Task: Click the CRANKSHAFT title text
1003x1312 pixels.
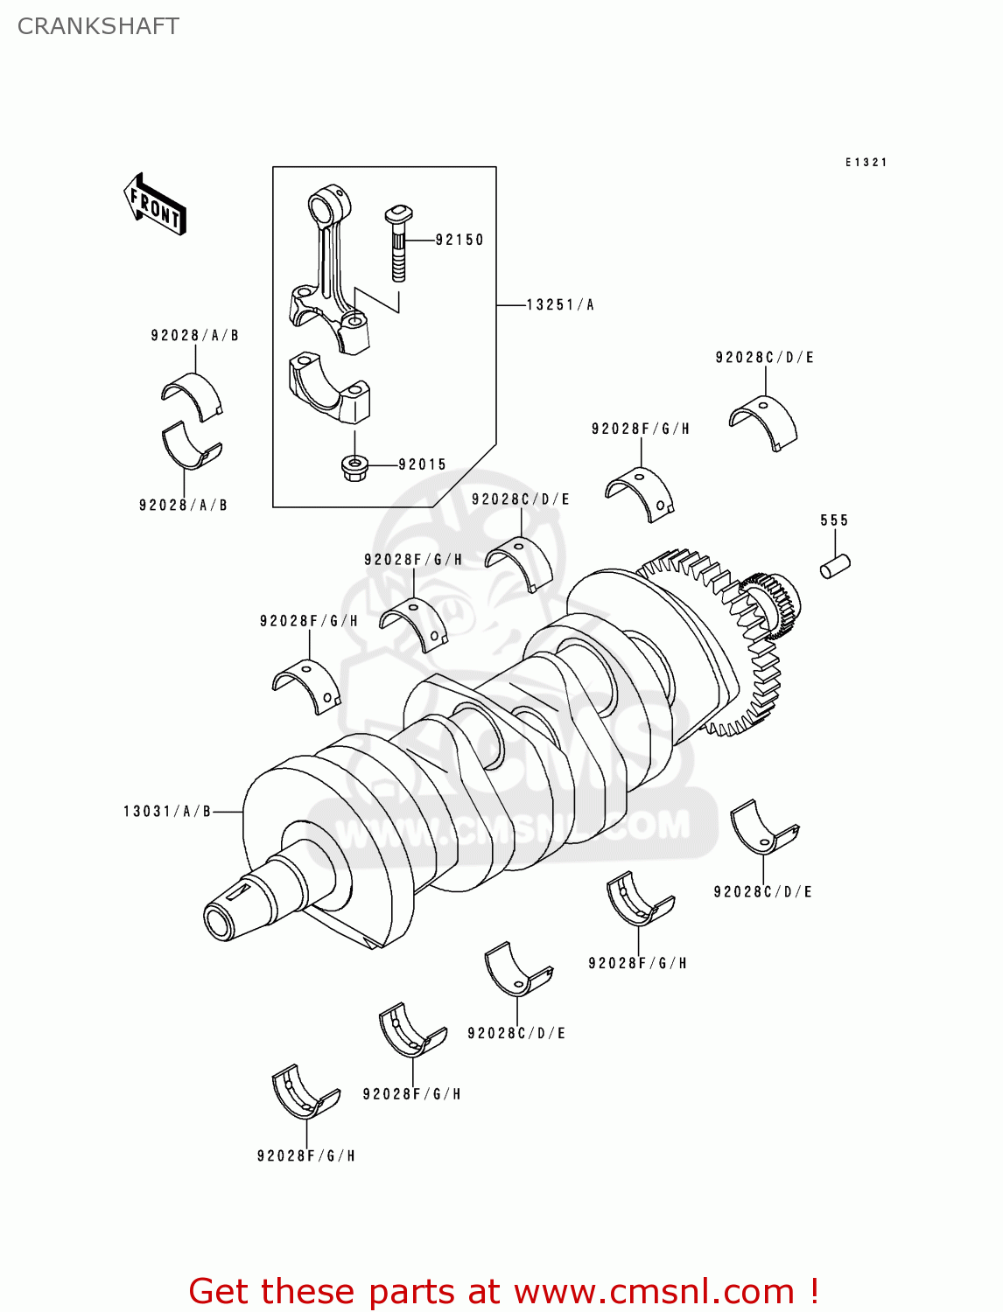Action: (98, 26)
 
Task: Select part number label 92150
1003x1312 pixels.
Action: (459, 240)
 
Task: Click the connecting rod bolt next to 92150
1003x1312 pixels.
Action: (398, 244)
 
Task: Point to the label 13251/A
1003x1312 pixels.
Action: (559, 304)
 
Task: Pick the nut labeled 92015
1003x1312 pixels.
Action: (354, 467)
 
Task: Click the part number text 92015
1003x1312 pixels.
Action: (422, 464)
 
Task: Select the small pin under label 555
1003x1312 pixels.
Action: (834, 565)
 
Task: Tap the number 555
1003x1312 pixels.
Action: (834, 520)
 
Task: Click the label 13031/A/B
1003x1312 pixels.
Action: (167, 812)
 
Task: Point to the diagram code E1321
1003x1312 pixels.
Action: (866, 163)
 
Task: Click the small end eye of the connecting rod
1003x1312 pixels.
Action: (327, 206)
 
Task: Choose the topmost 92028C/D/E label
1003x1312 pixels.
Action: (764, 357)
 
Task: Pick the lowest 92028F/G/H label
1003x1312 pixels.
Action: (305, 1156)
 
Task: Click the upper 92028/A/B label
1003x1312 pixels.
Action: (194, 335)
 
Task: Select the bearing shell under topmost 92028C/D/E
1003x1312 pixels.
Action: (764, 422)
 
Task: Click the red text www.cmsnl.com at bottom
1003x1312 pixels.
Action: (654, 1291)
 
